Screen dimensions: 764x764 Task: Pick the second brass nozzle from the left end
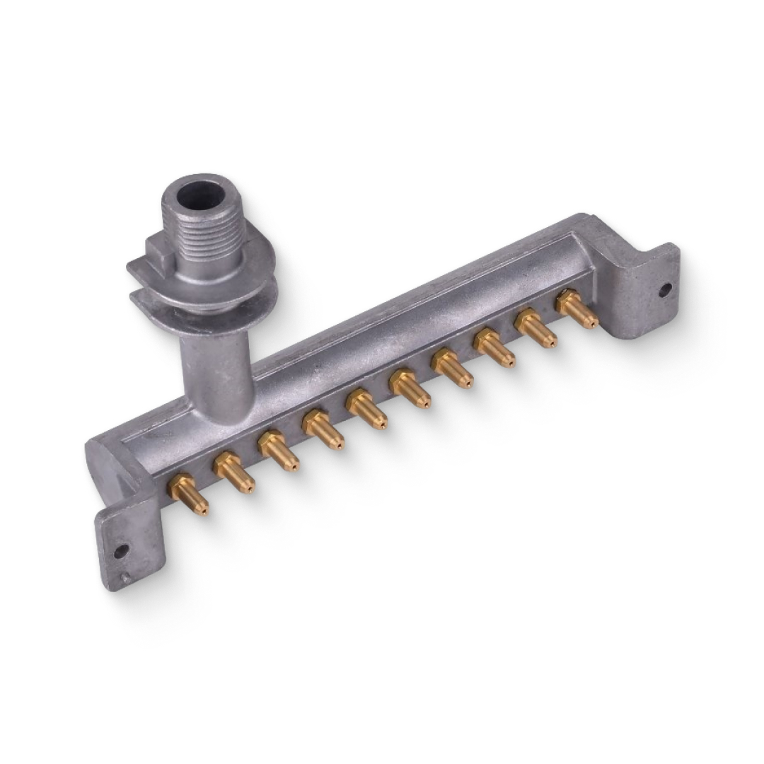pos(233,472)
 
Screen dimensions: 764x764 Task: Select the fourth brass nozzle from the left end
pos(323,429)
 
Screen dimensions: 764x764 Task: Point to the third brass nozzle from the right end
pos(494,347)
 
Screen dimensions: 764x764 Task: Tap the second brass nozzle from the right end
pos(536,328)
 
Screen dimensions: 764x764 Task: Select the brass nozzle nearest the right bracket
pos(577,308)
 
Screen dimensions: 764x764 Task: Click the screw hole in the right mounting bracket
pos(665,289)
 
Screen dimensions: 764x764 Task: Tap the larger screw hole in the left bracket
pos(121,550)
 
